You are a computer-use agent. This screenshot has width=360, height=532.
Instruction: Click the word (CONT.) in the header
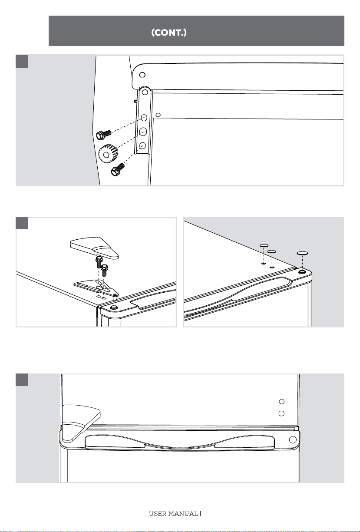pos(169,33)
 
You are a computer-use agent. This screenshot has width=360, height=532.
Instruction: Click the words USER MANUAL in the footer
pos(173,514)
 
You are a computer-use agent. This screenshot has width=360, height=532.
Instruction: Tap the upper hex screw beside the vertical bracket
pos(103,135)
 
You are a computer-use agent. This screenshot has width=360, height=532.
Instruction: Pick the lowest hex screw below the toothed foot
pos(118,169)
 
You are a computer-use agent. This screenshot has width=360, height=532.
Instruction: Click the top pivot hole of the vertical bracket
pos(145,92)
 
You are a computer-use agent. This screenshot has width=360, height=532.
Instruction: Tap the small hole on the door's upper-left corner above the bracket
pos(142,75)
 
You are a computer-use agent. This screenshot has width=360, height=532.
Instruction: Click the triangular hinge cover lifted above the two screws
pos(94,248)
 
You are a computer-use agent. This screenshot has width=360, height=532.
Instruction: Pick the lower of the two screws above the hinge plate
pos(104,270)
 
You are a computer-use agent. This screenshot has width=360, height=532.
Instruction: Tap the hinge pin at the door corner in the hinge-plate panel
pos(114,307)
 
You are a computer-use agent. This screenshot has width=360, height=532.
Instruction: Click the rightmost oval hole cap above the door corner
pos(302,253)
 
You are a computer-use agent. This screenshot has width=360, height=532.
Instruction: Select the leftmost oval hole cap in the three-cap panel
pos(264,245)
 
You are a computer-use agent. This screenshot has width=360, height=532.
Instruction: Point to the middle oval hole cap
pos(272,251)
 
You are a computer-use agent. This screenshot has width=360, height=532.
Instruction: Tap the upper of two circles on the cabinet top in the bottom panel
pos(282,401)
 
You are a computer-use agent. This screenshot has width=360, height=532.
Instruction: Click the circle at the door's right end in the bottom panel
pos(293,439)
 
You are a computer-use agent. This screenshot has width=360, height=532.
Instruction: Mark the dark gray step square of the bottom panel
pos(22,380)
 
